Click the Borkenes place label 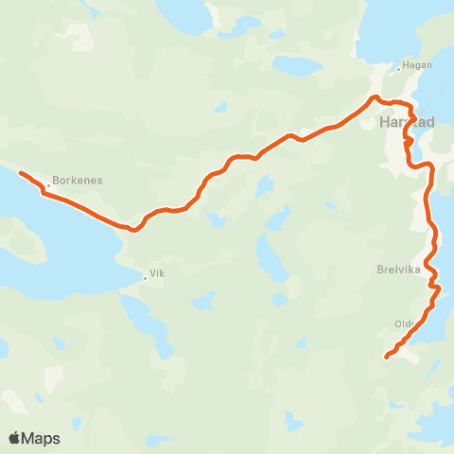point(79,180)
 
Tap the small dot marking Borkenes point(49,185)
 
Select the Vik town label point(156,277)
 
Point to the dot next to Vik point(145,277)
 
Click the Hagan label point(417,65)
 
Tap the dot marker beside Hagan point(398,70)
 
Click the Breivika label point(395,268)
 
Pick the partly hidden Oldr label point(404,323)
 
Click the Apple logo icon point(15,438)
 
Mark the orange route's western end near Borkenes point(20,172)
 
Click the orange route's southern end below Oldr point(387,357)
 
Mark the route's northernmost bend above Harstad point(375,97)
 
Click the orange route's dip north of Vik point(134,229)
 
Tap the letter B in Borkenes point(57,180)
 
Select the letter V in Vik point(150,277)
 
